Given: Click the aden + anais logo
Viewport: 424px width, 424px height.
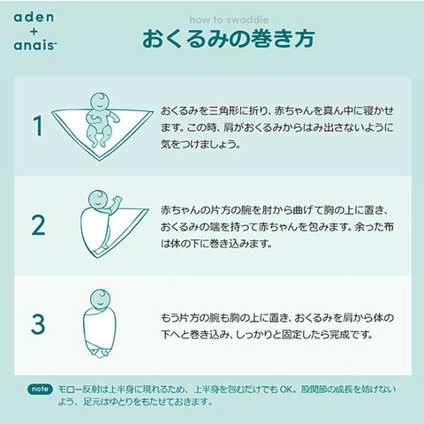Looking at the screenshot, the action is coord(34,31).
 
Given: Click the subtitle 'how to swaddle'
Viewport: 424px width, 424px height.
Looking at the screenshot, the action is coord(229,19).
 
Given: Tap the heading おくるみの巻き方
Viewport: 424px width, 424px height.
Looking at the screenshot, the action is coord(229,39).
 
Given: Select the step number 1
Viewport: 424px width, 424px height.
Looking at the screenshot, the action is coord(38,125).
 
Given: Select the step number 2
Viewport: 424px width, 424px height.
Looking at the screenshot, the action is coord(38,225).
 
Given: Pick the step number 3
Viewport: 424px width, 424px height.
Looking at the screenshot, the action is coord(38,324).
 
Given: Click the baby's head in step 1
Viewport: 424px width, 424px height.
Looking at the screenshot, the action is coord(100,102).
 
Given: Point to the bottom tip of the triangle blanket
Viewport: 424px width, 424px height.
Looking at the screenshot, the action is coord(99,160).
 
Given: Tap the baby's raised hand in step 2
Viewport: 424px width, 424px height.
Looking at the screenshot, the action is coord(117,201).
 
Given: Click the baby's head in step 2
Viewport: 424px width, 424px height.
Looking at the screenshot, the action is coord(98,200).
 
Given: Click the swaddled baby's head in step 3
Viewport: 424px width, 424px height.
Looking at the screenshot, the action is coord(100,299).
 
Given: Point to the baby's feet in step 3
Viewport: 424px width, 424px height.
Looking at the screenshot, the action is coord(99,352).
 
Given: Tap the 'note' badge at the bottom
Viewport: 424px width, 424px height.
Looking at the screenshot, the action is coord(41,390).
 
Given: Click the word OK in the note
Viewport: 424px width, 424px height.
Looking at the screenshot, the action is coord(285,390).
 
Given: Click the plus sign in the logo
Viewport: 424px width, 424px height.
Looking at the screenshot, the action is coord(34,31).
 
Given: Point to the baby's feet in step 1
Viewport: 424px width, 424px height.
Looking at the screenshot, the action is coord(98,144).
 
